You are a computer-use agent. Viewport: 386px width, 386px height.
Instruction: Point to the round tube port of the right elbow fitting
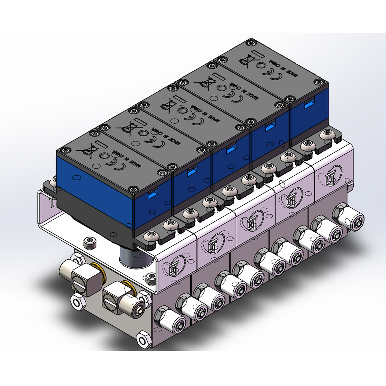click(x=139, y=309)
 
